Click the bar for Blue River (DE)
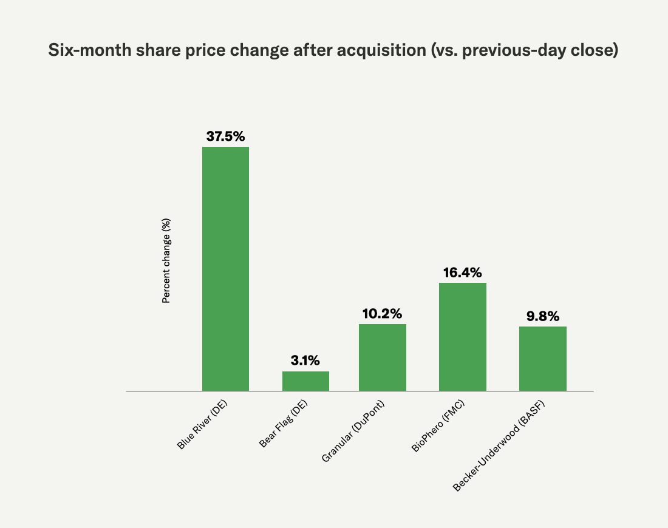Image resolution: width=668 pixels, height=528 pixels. [225, 269]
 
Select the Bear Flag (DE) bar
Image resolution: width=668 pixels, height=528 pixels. [305, 381]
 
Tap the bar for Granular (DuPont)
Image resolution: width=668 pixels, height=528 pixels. [383, 357]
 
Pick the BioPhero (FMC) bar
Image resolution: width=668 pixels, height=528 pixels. [463, 337]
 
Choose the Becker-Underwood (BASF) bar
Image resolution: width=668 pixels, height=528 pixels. [543, 359]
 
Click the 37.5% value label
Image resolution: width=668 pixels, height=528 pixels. [225, 137]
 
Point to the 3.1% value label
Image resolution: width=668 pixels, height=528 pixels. [305, 361]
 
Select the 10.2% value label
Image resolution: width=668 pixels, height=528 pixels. [383, 314]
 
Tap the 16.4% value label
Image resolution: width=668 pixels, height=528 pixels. [463, 272]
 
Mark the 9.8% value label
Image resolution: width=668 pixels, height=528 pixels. [543, 316]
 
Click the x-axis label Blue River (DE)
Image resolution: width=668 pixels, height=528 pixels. [203, 425]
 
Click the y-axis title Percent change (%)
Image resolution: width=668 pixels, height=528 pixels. [166, 261]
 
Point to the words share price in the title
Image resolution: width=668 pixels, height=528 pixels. [171, 52]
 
